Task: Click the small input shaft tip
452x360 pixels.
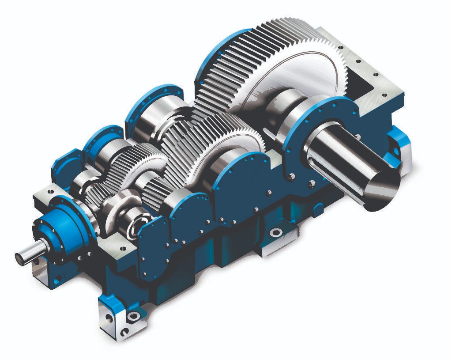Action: point(20,258)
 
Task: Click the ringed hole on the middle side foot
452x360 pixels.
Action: point(276,232)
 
